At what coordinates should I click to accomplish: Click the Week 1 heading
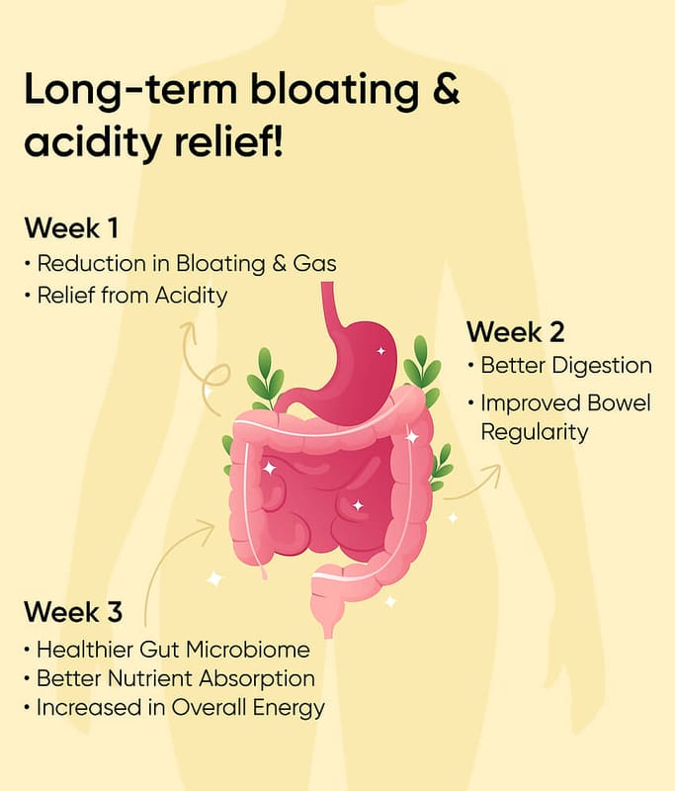point(71,227)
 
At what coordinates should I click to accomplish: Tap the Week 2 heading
point(515,332)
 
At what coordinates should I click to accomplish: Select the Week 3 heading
point(73,612)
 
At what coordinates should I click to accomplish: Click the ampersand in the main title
point(446,89)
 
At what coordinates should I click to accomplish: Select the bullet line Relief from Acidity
point(127,296)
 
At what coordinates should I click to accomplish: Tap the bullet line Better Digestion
point(559,365)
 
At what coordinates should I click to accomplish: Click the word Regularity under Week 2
point(535,433)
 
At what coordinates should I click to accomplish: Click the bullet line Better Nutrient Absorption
point(169,678)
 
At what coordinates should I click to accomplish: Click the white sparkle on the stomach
point(381,351)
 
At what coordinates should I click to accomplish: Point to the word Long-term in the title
point(130,89)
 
